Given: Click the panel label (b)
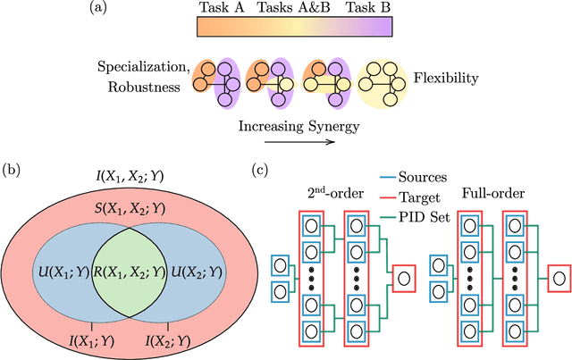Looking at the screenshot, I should [13, 168].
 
